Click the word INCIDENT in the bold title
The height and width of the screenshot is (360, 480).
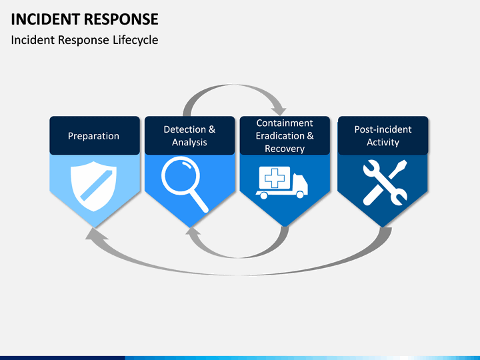point(45,19)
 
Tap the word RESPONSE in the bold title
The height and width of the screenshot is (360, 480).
point(121,19)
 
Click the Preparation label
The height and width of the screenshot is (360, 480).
point(94,136)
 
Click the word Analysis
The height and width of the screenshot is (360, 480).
point(189,143)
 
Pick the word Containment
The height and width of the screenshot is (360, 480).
point(285,123)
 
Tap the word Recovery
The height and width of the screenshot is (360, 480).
point(285,149)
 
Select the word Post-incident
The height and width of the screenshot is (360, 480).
point(383,129)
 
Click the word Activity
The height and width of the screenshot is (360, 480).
point(383,143)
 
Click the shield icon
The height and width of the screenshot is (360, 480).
point(93,186)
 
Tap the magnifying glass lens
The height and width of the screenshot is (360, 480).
point(181,176)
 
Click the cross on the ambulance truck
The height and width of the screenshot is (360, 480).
point(275,178)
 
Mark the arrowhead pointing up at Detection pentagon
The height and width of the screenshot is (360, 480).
point(193,231)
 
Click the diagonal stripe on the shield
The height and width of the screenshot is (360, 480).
point(96,185)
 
